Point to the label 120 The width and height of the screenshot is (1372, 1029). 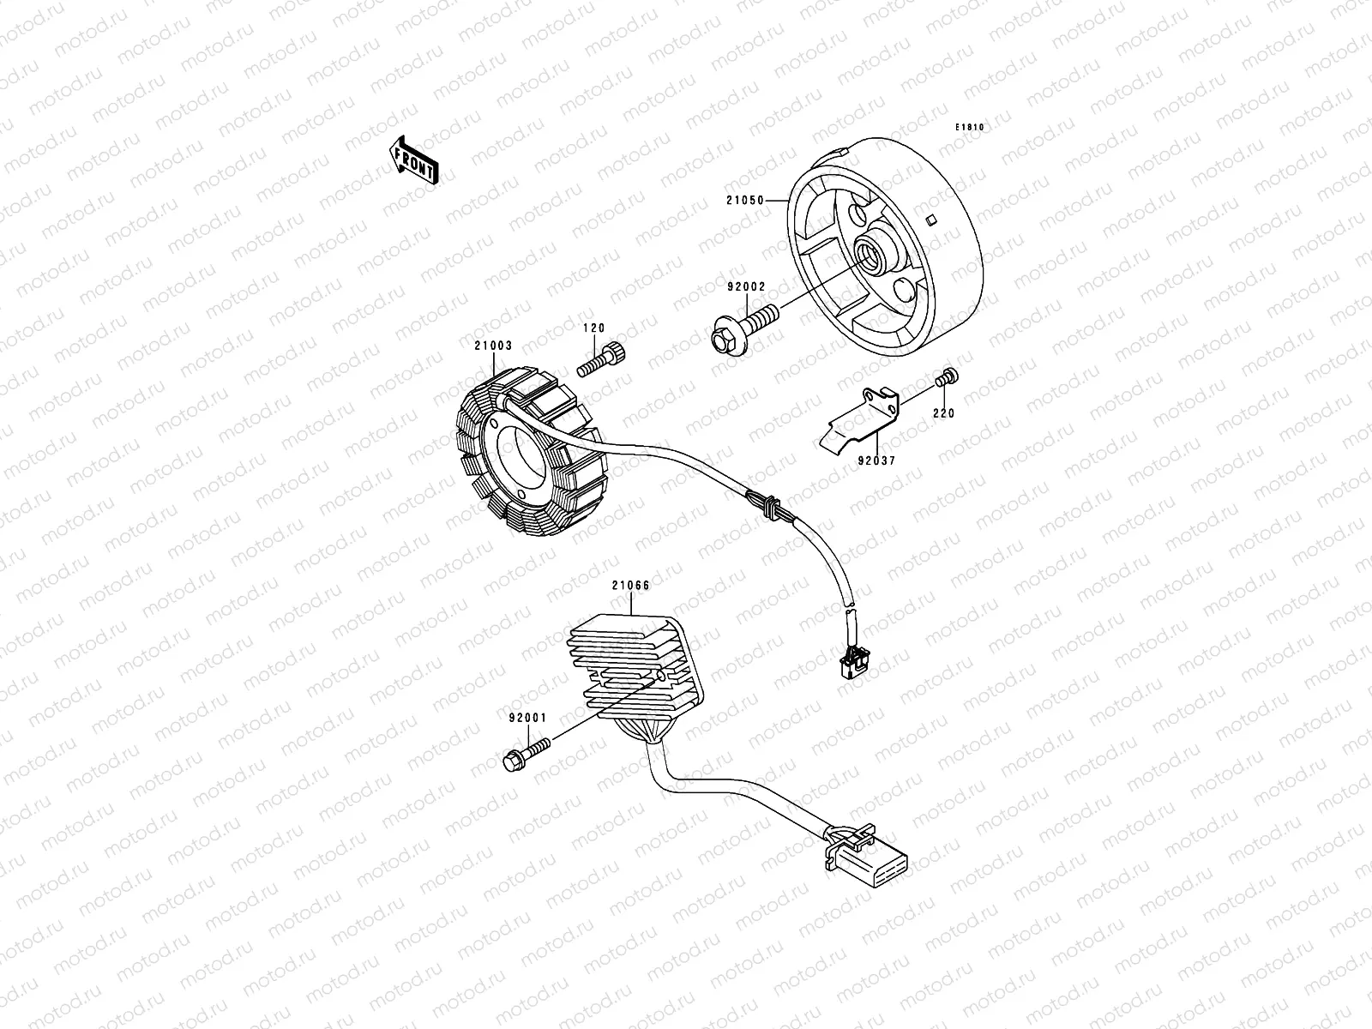point(594,328)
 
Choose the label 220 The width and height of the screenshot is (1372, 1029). point(945,413)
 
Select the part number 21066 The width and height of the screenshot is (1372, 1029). point(630,587)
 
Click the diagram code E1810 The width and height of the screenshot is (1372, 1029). point(971,128)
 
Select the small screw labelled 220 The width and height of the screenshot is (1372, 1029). point(948,380)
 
